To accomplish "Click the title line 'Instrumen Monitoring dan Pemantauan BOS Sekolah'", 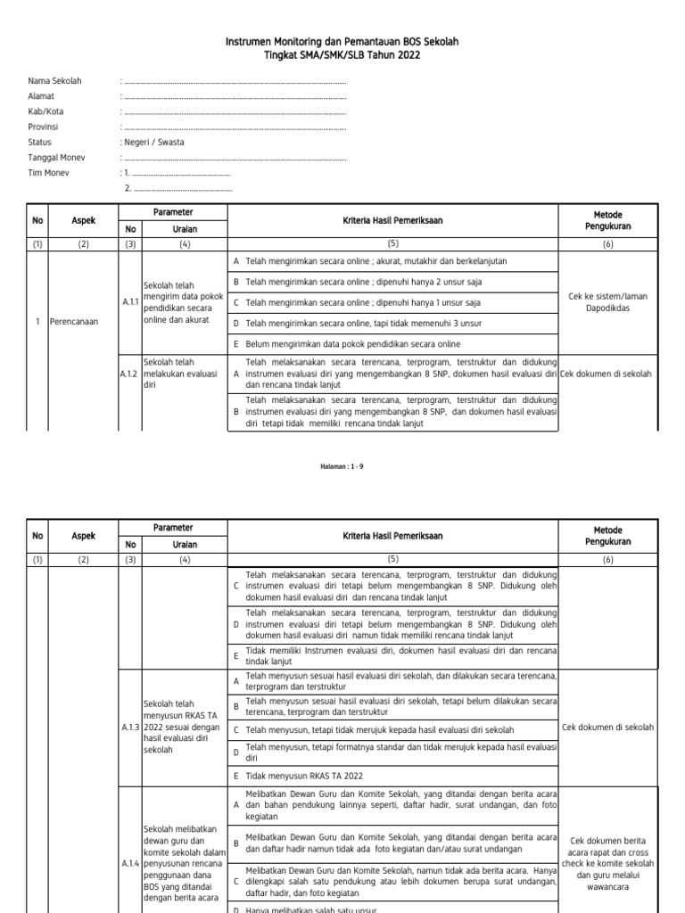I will click(x=342, y=42).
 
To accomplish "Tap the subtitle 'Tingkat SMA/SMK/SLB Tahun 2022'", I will click(x=342, y=55).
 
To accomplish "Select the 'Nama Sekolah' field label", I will click(x=55, y=81).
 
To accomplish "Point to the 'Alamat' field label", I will click(x=41, y=96).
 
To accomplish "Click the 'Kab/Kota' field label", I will click(x=45, y=111).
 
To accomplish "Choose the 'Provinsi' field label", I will click(x=44, y=127).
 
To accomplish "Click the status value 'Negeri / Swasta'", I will click(x=154, y=142).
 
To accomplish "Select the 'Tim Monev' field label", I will click(x=49, y=173).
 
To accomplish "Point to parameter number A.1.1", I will click(x=130, y=302).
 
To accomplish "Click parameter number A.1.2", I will click(x=130, y=374).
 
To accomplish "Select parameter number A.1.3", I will click(x=130, y=728).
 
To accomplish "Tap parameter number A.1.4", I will click(x=130, y=863).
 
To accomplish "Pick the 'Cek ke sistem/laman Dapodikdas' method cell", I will click(x=607, y=302).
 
